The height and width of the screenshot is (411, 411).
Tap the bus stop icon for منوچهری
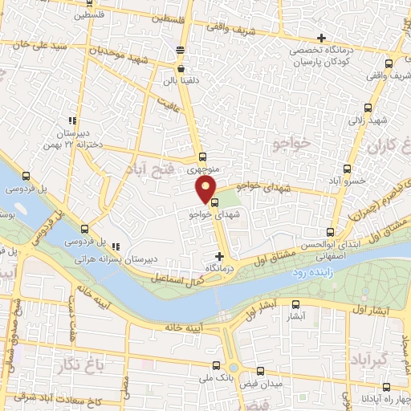coord(202,157)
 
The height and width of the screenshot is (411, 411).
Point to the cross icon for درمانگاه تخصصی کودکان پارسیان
coord(321,38)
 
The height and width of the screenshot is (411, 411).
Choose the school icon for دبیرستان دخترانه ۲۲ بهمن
coord(74,120)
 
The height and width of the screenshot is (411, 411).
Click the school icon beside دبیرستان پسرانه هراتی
coord(116,246)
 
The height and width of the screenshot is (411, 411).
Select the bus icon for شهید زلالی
coord(370,108)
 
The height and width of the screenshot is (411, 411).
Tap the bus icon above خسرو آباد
coord(347,169)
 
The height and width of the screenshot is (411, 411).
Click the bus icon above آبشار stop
coord(296,304)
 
